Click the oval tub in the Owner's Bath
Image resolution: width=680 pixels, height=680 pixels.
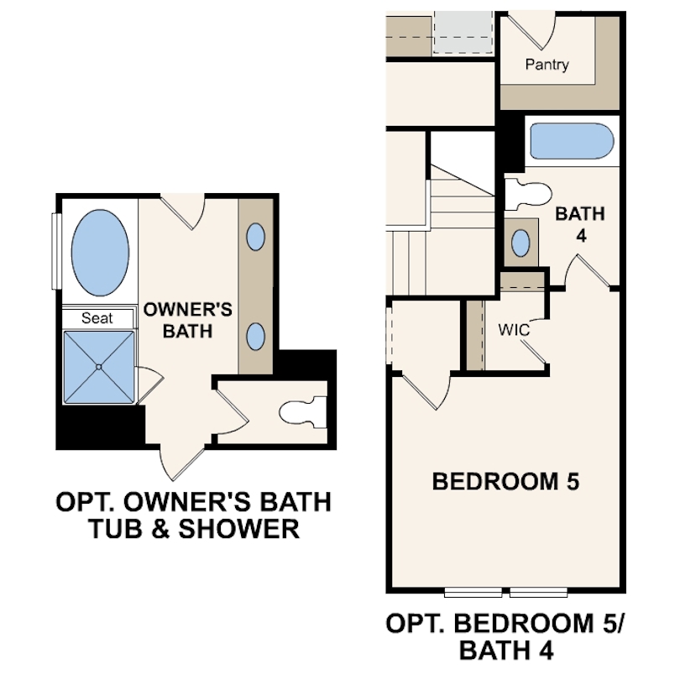click(100, 253)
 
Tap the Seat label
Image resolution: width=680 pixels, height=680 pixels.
click(97, 318)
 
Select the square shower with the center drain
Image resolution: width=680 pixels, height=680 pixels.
click(99, 367)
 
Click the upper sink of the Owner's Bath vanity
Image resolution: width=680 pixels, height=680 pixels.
click(255, 237)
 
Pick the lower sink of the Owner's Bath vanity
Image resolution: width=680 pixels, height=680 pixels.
click(255, 336)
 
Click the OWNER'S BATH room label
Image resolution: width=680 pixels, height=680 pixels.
click(188, 321)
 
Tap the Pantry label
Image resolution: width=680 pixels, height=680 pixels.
click(547, 65)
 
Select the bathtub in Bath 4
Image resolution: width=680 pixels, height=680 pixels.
click(572, 141)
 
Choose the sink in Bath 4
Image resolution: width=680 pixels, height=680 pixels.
click(520, 243)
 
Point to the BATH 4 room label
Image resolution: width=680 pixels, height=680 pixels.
click(580, 225)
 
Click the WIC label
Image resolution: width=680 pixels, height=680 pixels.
click(514, 330)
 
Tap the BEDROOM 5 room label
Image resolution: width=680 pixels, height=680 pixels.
click(505, 481)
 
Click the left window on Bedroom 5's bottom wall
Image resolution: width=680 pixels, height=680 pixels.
click(473, 592)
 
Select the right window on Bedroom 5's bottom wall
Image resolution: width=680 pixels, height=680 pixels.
click(538, 592)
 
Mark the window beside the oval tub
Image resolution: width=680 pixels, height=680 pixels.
click(55, 251)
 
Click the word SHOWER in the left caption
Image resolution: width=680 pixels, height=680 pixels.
click(239, 529)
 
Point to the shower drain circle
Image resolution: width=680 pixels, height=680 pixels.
click(99, 367)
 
